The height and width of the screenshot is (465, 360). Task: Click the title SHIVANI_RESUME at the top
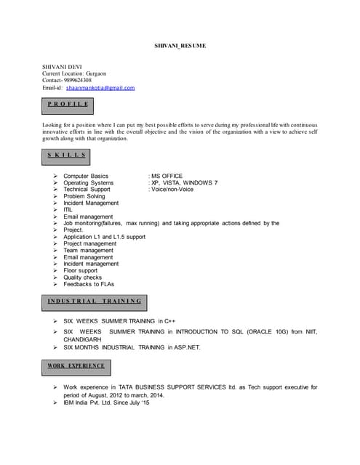[x=180, y=46]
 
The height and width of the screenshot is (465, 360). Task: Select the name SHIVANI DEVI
[x=62, y=67]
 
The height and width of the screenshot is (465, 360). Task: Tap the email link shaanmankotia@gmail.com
[x=100, y=88]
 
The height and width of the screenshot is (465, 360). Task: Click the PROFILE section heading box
[x=68, y=105]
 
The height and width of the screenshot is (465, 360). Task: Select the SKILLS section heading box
[x=66, y=155]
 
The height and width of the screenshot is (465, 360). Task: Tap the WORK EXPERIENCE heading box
[x=76, y=365]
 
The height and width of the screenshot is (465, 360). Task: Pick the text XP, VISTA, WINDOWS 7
[x=183, y=183]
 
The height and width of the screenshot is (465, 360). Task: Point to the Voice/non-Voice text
[x=172, y=190]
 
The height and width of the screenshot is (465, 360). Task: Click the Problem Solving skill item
[x=84, y=196]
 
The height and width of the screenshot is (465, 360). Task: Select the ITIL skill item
[x=68, y=210]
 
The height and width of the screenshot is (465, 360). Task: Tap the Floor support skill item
[x=80, y=270]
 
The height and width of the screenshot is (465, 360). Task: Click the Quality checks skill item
[x=82, y=278]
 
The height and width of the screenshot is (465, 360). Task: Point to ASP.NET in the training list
[x=183, y=347]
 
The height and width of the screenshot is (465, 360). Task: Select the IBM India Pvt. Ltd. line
[x=105, y=403]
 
